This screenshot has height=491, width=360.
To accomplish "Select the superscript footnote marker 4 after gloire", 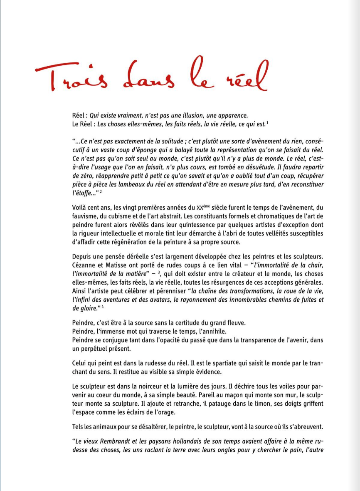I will coord(96,307).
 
